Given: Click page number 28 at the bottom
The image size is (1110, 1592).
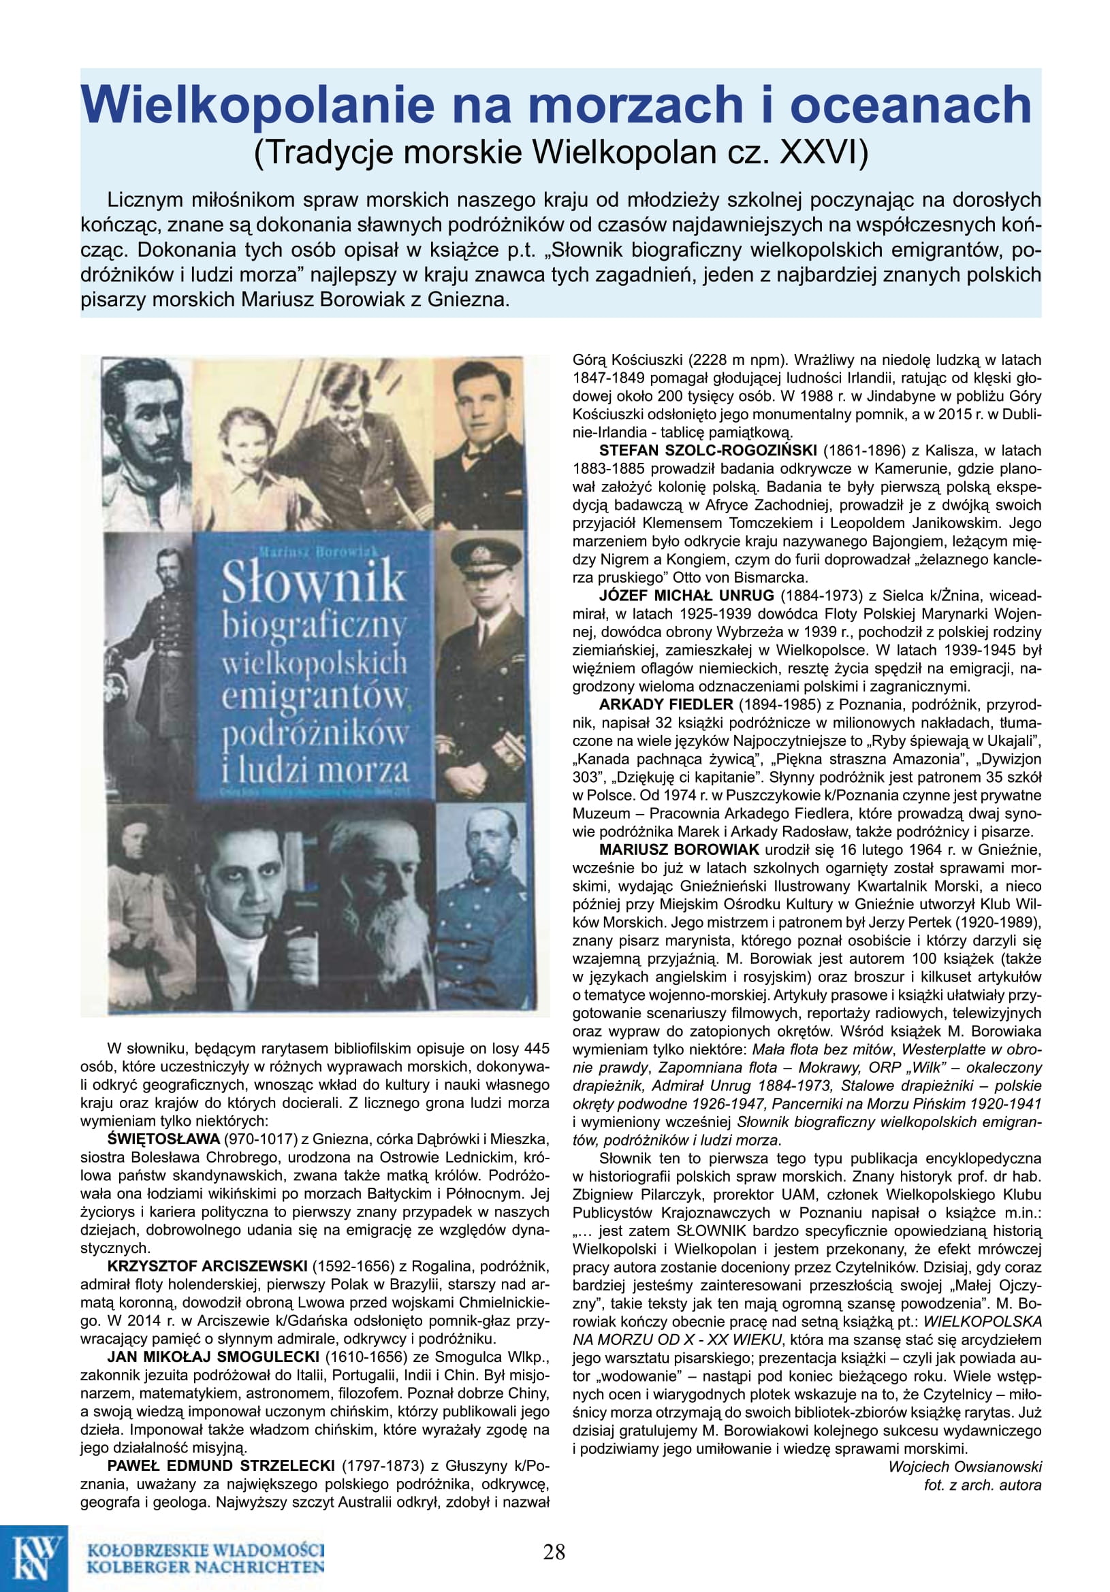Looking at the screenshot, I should tap(554, 1551).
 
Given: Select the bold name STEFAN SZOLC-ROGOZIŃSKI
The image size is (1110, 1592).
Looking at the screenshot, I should tap(708, 450).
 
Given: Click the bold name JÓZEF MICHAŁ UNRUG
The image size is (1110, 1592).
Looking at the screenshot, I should tap(687, 595).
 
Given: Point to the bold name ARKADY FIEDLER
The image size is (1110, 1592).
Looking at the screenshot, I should tap(666, 704).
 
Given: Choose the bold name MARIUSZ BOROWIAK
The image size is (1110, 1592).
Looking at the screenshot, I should tap(679, 849).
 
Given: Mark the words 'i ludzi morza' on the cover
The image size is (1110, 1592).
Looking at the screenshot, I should tap(316, 771).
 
